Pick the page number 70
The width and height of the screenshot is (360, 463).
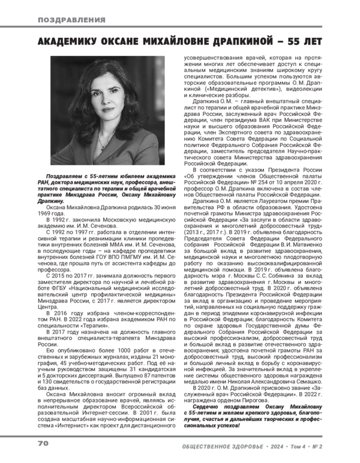point(43,443)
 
